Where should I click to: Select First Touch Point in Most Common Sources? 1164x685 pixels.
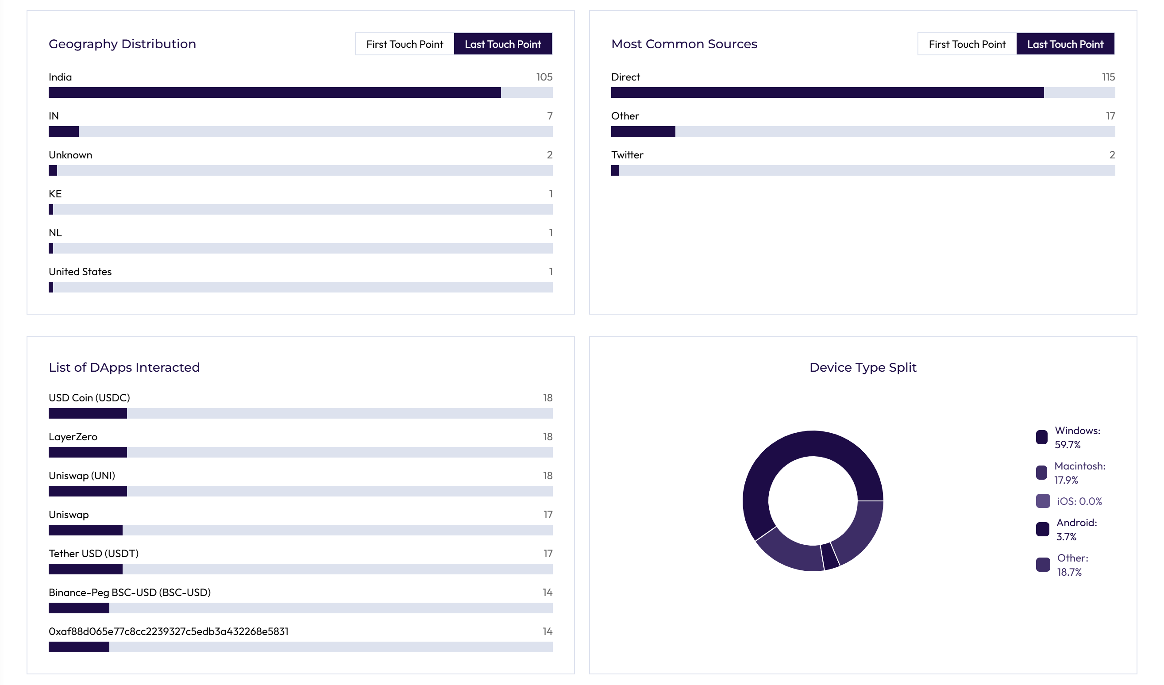[967, 44]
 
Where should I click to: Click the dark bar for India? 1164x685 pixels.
[274, 92]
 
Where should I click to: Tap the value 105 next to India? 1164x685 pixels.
[544, 77]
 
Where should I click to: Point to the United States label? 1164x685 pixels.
[81, 272]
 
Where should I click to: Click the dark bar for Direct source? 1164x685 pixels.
[827, 92]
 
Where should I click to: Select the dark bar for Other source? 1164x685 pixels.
[643, 131]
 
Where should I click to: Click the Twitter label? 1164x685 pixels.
[627, 155]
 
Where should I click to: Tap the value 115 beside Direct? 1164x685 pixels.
[1108, 77]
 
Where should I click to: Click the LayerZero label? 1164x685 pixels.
[73, 437]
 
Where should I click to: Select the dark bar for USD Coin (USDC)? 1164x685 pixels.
[88, 413]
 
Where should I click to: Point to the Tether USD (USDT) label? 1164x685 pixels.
[94, 554]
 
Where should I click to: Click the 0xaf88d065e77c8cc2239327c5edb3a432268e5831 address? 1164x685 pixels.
[169, 631]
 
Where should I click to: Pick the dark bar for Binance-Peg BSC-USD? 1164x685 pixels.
[79, 608]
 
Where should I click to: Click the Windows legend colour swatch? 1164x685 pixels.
[1041, 438]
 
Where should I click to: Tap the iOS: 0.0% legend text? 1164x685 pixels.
[1079, 501]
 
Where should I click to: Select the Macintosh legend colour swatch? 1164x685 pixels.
[1041, 473]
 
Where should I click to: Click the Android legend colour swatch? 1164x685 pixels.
[1043, 529]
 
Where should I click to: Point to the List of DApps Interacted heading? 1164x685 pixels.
[124, 368]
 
